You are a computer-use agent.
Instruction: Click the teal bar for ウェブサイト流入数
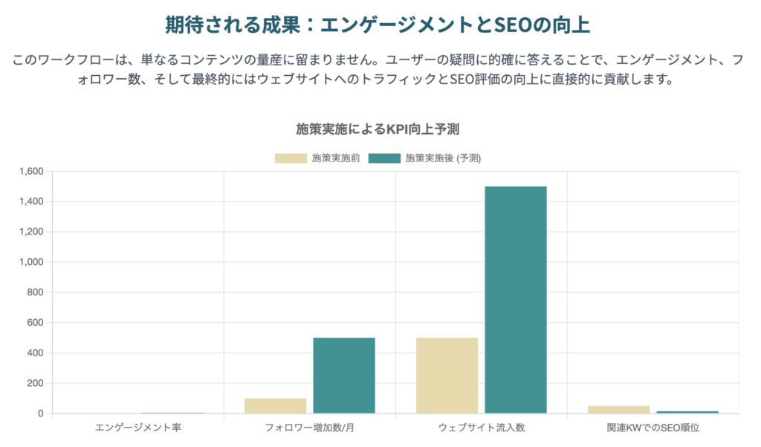click(516, 300)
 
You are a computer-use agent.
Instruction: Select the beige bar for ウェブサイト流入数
click(447, 376)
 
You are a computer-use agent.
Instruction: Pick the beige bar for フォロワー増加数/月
click(275, 405)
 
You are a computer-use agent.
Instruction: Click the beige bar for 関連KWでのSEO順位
click(618, 409)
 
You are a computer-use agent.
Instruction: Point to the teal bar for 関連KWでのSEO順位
click(687, 411)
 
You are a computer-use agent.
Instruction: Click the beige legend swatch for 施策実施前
click(291, 158)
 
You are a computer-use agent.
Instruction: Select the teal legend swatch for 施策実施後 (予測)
click(383, 158)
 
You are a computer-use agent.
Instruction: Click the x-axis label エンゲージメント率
click(138, 428)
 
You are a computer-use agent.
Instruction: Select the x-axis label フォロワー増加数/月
click(309, 428)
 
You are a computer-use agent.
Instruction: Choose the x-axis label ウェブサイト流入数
click(481, 428)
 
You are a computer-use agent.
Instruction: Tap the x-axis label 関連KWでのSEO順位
click(652, 428)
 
